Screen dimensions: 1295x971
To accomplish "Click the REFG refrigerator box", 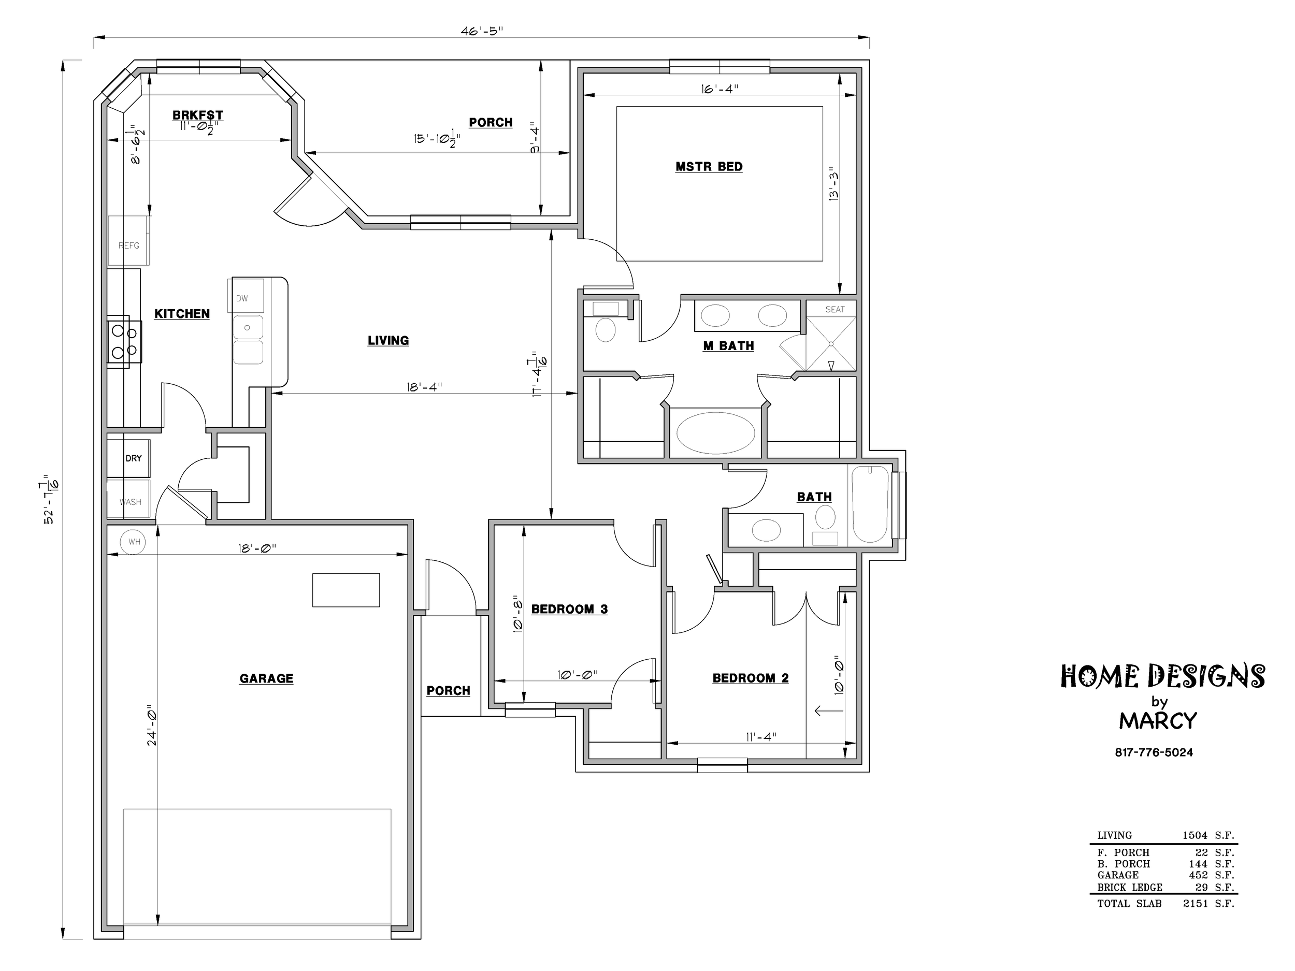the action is [x=129, y=241].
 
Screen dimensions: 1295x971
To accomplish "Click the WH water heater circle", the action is [x=134, y=542].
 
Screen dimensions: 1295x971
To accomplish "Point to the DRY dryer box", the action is [x=129, y=458].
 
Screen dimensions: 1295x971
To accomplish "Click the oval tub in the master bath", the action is [x=715, y=433].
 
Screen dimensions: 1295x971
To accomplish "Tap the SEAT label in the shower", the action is [x=835, y=309].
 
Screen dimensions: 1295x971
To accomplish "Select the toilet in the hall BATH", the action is [x=826, y=525].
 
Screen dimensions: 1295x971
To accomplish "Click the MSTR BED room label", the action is [x=709, y=167].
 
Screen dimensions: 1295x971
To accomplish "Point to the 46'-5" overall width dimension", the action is [x=482, y=31].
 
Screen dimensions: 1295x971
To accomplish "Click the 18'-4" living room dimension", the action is [x=424, y=387].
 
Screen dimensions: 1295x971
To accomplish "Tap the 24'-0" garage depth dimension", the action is [x=152, y=724].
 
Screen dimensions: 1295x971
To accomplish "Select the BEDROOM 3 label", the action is [x=570, y=610].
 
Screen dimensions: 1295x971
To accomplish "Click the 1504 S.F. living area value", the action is [x=1208, y=835].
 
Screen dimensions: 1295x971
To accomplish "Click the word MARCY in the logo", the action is [x=1158, y=720].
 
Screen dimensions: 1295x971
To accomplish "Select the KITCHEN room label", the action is [x=182, y=314].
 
